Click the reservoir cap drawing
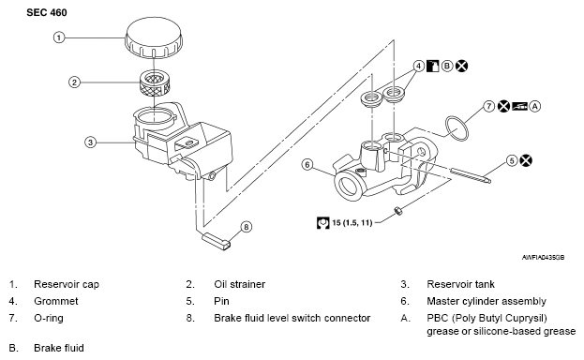154,38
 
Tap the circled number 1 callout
59,37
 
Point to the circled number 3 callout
91,142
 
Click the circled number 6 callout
307,164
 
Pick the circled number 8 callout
247,227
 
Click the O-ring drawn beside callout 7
457,128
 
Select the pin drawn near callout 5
471,176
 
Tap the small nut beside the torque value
397,211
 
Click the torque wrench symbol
322,222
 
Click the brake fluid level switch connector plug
216,241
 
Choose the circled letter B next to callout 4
447,66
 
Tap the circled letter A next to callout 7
535,106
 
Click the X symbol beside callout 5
526,160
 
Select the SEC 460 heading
47,13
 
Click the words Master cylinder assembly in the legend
487,301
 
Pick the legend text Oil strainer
239,284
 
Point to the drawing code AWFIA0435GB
543,258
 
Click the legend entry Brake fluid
59,348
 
